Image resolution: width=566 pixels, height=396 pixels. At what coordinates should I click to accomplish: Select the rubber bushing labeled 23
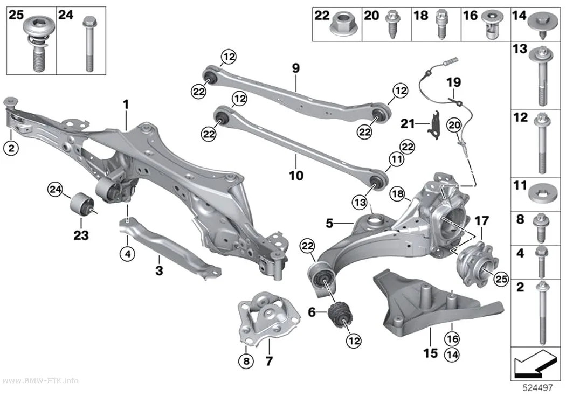pyautogui.click(x=82, y=205)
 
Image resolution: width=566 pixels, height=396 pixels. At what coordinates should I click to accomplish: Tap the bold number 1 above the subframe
pyautogui.click(x=126, y=105)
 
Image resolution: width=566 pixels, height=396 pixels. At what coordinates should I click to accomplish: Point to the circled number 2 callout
pyautogui.click(x=11, y=148)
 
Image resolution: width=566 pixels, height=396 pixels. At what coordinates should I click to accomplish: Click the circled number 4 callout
pyautogui.click(x=127, y=254)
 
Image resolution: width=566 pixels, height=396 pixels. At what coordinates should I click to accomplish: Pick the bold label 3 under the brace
pyautogui.click(x=159, y=270)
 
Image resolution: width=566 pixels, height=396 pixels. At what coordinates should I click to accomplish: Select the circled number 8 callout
pyautogui.click(x=246, y=360)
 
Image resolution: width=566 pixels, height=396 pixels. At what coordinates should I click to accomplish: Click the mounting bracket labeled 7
pyautogui.click(x=269, y=317)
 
